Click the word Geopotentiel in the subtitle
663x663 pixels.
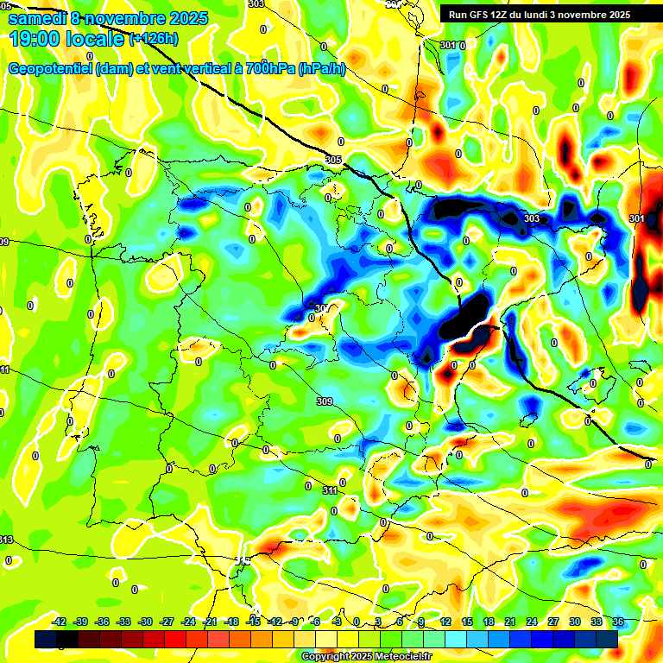(x=52, y=69)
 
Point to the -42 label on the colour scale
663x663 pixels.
(x=60, y=622)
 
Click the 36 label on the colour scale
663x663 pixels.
(x=618, y=622)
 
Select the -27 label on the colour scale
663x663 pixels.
(x=167, y=622)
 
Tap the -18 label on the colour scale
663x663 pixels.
(x=231, y=622)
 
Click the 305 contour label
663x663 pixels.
(x=333, y=160)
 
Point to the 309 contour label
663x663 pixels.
(x=325, y=401)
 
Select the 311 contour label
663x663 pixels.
(x=330, y=490)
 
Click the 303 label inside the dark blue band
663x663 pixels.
(x=532, y=218)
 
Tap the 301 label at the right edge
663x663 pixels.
(x=637, y=218)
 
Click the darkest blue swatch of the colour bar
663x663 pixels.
(x=46, y=639)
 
